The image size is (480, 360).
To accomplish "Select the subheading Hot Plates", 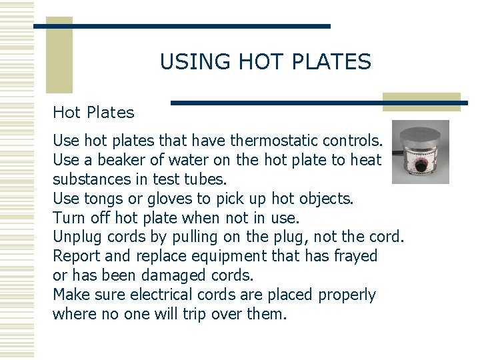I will pyautogui.click(x=93, y=113).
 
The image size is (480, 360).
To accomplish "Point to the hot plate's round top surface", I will pyautogui.click(x=422, y=133).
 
